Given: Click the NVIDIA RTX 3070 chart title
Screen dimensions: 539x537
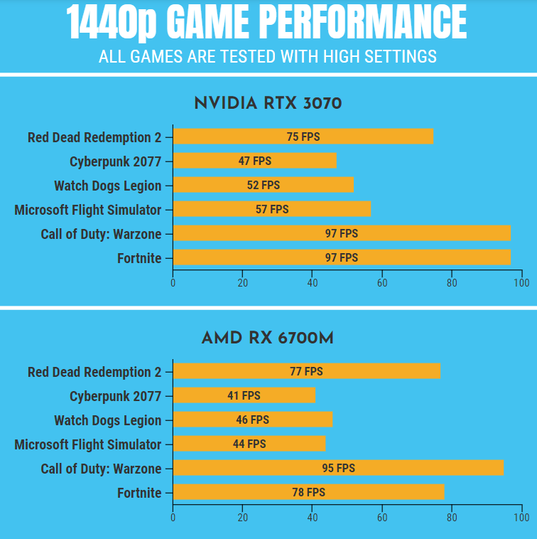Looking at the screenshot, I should [268, 104].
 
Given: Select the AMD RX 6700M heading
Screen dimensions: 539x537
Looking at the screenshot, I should [268, 338].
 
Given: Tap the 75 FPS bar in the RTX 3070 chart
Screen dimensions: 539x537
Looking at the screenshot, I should [303, 137].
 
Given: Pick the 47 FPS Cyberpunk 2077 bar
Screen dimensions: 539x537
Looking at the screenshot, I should [254, 161].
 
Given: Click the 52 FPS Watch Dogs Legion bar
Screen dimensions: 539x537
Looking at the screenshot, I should [263, 185].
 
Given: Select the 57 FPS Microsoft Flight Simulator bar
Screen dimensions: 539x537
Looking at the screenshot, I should [271, 209].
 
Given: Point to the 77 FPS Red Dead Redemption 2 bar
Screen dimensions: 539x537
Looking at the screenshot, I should [306, 371].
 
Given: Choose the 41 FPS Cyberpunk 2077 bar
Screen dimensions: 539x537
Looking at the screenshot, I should [244, 395].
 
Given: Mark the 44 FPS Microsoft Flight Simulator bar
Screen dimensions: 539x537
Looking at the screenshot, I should [249, 444].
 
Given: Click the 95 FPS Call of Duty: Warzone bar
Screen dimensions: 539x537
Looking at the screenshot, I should [338, 468].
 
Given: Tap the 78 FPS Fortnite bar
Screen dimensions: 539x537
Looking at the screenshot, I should [308, 492].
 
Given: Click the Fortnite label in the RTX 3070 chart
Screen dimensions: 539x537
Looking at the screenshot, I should [139, 258].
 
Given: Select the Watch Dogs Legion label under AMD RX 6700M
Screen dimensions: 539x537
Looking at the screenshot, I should [108, 420].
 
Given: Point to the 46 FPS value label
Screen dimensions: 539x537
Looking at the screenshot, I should [253, 420].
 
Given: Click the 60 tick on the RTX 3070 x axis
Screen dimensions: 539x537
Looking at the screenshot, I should [382, 283].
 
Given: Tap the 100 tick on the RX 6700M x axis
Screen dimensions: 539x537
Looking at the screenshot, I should [521, 518].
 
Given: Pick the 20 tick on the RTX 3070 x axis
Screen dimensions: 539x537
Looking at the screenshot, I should [243, 283].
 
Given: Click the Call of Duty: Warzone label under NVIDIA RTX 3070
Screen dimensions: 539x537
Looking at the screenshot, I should [101, 234].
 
